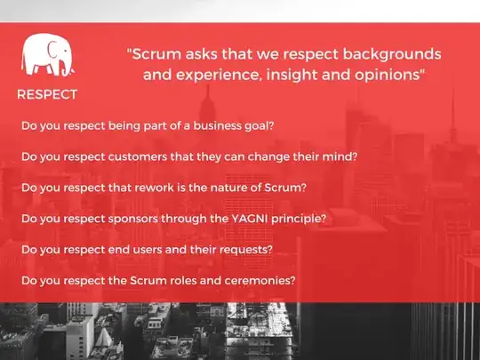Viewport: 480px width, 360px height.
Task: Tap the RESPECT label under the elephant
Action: [x=47, y=94]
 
